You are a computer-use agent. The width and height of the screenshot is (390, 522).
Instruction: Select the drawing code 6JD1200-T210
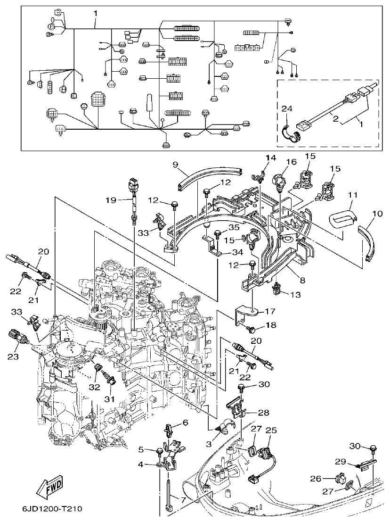[x=52, y=509]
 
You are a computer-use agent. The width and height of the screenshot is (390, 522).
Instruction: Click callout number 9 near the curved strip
[x=175, y=165]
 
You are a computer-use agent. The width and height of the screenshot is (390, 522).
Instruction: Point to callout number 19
[x=110, y=200]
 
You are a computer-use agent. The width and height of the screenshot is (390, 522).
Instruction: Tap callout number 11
[x=353, y=194]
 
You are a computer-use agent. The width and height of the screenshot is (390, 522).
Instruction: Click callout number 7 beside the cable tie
[x=181, y=499]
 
